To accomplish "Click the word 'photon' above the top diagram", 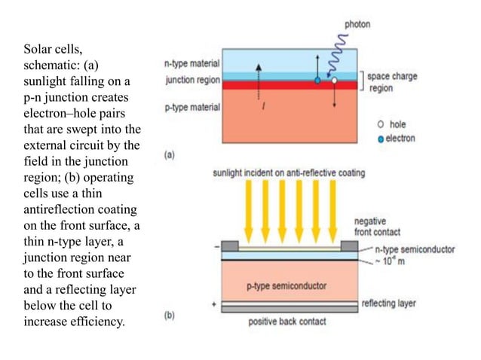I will [357, 24].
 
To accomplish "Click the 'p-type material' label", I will [191, 107].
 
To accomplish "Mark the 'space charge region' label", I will [391, 81].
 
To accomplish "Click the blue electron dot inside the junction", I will [317, 79].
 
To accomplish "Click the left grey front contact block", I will [230, 246].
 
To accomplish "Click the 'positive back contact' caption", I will [287, 322].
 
